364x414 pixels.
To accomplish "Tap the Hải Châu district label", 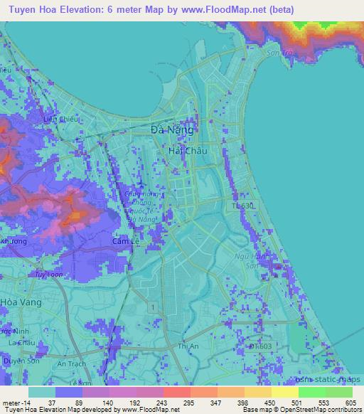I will pos(186,151).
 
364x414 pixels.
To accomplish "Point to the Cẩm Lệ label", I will pos(126,243).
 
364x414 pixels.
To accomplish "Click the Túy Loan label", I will pos(50,275).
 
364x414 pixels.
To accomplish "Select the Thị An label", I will pos(188,346).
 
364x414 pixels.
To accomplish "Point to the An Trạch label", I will pos(71,363).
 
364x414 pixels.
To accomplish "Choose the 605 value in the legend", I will pos(353,402).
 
